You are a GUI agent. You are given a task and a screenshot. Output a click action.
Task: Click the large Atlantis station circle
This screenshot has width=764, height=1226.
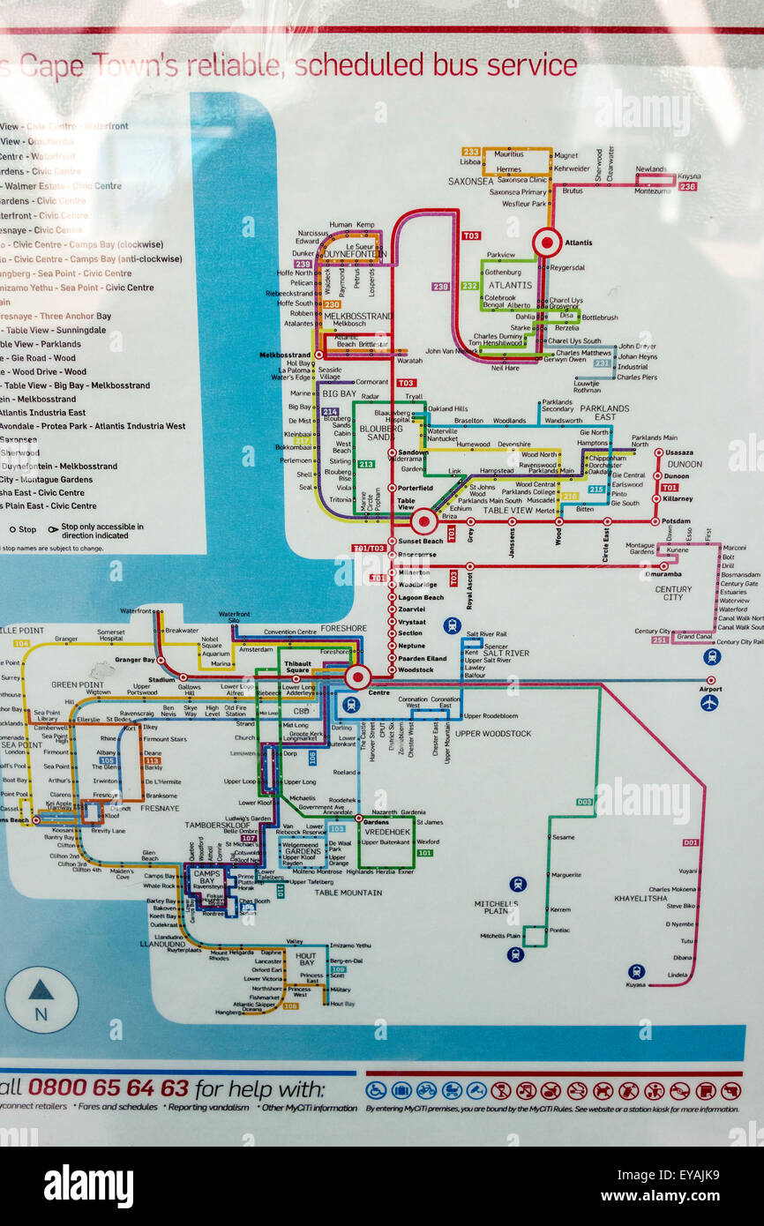click(x=547, y=242)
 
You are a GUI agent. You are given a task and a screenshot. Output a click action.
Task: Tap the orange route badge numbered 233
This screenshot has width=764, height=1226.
click(x=470, y=152)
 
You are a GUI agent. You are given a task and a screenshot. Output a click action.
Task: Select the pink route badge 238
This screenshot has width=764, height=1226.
click(x=687, y=186)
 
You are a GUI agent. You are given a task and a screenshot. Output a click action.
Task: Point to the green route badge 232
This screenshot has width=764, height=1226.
click(x=469, y=286)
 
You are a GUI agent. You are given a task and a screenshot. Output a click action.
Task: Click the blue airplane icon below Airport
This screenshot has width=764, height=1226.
click(x=708, y=702)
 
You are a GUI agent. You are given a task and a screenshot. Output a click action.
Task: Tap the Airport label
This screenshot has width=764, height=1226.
click(x=709, y=690)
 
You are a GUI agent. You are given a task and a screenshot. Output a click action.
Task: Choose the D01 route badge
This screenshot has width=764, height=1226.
click(x=691, y=842)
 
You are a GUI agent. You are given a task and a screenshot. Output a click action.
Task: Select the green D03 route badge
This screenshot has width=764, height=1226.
click(x=585, y=802)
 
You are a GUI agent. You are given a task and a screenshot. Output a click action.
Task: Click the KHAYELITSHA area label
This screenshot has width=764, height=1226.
click(x=640, y=899)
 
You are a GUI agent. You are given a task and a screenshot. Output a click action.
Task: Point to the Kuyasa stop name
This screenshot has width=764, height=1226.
click(x=635, y=984)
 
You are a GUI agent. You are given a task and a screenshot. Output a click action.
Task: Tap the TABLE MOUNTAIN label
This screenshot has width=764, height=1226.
click(x=348, y=893)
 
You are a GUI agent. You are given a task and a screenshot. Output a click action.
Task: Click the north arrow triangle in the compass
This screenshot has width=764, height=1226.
click(x=41, y=991)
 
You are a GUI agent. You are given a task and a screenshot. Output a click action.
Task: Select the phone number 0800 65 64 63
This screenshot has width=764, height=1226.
click(x=108, y=1088)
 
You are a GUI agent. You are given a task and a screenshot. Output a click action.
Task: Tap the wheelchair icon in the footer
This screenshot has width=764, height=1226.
click(x=376, y=1090)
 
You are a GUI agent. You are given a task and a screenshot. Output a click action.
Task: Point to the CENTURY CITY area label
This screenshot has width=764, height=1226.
click(x=674, y=593)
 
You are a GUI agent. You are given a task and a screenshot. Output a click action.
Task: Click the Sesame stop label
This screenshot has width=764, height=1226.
click(x=562, y=837)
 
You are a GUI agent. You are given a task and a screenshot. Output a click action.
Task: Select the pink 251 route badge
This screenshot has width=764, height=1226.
click(x=660, y=639)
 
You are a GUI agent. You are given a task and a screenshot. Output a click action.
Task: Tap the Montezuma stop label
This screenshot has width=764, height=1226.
click(x=653, y=191)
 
